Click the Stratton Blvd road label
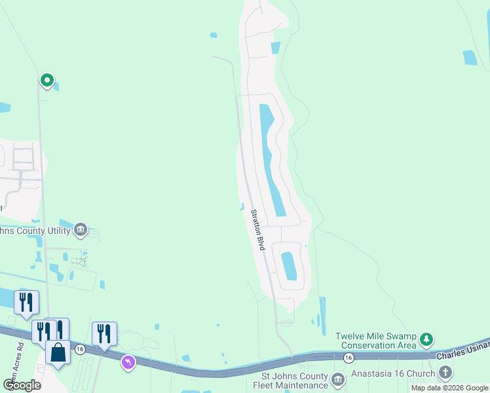[x=257, y=229]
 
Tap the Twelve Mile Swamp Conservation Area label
[x=376, y=341]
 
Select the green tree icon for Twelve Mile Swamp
[x=427, y=339]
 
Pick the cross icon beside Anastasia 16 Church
[x=445, y=373]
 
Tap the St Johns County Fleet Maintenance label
[x=294, y=381]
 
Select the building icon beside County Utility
[x=81, y=229]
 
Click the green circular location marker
[x=47, y=80]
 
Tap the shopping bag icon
[x=58, y=352]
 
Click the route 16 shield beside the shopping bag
[x=80, y=348]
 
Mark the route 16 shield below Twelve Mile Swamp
[x=349, y=357]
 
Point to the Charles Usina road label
[x=462, y=352]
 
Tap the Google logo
[x=22, y=384]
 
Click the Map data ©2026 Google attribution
[x=449, y=388]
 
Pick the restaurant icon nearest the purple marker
[x=104, y=333]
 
